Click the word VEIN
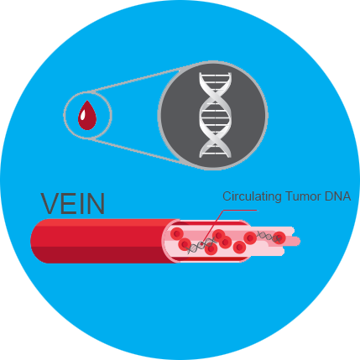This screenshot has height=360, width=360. [73, 203]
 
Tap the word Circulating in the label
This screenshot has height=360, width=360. [252, 197]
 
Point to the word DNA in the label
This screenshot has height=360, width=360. [338, 196]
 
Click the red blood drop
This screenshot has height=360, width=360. [87, 115]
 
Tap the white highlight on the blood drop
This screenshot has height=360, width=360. [83, 114]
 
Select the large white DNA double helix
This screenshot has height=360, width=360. [215, 115]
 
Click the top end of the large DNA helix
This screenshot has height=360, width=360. [215, 73]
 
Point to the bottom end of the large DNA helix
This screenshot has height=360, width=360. [215, 156]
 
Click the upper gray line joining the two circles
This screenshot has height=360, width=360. [136, 79]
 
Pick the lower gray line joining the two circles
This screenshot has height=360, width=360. [136, 151]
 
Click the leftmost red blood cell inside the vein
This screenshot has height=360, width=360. [177, 233]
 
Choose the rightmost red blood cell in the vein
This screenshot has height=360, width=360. [279, 237]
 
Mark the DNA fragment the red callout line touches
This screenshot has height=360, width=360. [201, 245]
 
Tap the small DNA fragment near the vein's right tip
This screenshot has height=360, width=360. [269, 237]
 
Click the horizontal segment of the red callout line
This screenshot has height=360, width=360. [240, 210]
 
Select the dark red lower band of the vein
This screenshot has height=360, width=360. [103, 255]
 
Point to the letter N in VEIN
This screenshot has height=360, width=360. [96, 203]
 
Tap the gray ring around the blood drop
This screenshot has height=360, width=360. [64, 115]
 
